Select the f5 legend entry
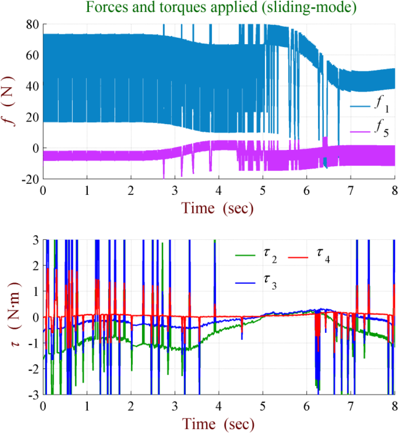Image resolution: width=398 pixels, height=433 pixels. click(370, 129)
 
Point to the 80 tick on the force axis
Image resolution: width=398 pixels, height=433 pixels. click(33, 24)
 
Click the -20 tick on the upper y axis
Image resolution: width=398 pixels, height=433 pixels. click(30, 179)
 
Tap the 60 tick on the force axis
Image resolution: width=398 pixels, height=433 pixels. click(33, 56)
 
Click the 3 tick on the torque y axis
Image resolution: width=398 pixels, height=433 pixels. click(36, 240)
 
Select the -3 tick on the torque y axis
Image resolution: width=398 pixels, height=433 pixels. click(34, 395)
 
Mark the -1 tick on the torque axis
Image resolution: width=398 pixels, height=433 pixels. click(34, 343)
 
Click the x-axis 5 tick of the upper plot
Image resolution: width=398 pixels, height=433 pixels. click(263, 191)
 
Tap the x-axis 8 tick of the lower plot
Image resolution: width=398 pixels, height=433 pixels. click(395, 406)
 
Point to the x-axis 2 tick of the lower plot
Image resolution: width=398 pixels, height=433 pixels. click(131, 406)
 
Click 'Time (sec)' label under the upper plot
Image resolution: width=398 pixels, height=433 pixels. click(217, 208)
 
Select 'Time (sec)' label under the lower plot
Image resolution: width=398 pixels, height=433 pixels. click(218, 424)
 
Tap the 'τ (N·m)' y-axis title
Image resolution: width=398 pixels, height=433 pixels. click(13, 314)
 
